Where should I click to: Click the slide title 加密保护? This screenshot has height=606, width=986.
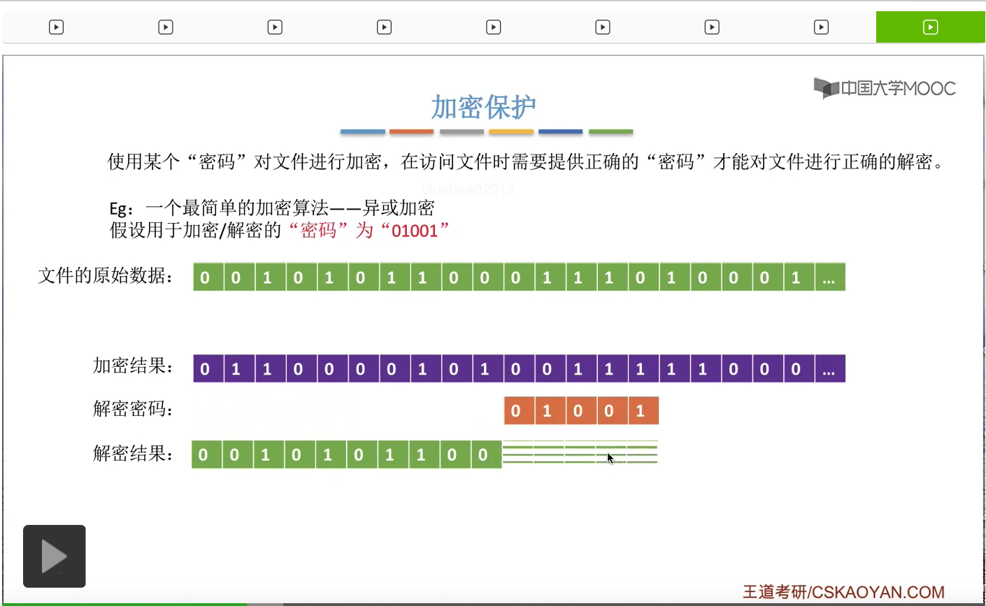pyautogui.click(x=483, y=107)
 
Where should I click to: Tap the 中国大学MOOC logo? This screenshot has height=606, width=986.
pyautogui.click(x=885, y=88)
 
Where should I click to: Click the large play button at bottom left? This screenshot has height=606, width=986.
pyautogui.click(x=54, y=556)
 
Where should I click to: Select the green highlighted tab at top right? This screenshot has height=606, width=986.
pyautogui.click(x=930, y=27)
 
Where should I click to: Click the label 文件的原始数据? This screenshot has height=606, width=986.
pyautogui.click(x=106, y=276)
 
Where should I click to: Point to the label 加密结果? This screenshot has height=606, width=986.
pyautogui.click(x=133, y=366)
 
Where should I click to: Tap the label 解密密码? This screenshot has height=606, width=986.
pyautogui.click(x=133, y=409)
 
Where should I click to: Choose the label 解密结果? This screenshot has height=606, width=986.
pyautogui.click(x=133, y=454)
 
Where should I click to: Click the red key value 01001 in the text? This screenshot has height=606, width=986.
pyautogui.click(x=415, y=231)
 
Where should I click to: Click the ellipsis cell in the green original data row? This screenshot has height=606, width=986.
pyautogui.click(x=829, y=277)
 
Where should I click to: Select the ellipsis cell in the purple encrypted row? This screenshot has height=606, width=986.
pyautogui.click(x=829, y=369)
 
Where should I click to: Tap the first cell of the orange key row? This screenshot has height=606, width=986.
pyautogui.click(x=516, y=411)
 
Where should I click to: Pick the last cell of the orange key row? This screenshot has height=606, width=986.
pyautogui.click(x=641, y=411)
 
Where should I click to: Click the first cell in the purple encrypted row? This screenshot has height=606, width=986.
pyautogui.click(x=205, y=369)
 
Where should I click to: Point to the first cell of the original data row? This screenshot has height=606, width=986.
pyautogui.click(x=205, y=277)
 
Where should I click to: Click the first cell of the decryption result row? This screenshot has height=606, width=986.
pyautogui.click(x=203, y=455)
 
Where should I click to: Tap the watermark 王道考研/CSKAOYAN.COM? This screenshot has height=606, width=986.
pyautogui.click(x=843, y=593)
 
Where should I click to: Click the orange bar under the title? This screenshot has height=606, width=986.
pyautogui.click(x=411, y=131)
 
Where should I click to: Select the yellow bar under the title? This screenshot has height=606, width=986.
pyautogui.click(x=511, y=131)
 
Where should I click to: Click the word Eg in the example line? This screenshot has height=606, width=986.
pyautogui.click(x=119, y=208)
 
